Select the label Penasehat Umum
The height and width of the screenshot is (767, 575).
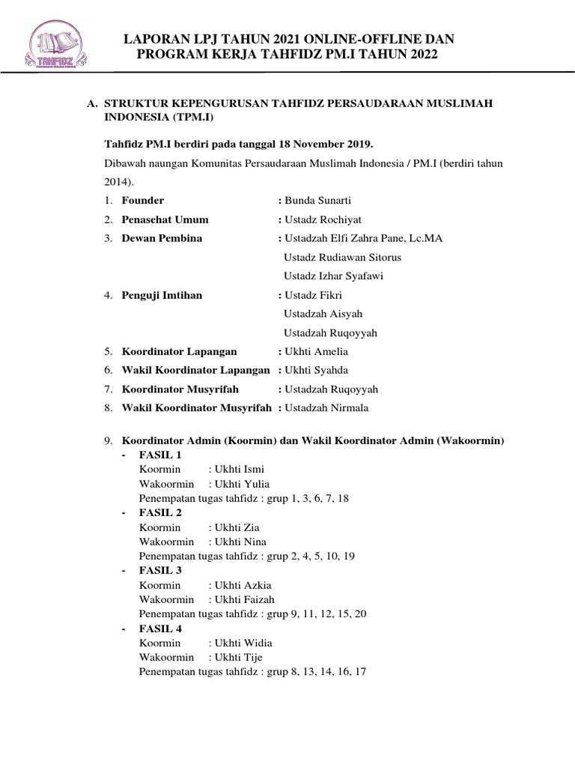[x=165, y=219]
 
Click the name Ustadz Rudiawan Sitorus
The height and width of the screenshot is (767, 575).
[x=343, y=258]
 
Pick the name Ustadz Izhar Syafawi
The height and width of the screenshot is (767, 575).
[x=334, y=276]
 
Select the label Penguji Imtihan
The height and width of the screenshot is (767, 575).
[x=162, y=295]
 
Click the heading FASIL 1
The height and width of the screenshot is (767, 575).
[x=160, y=455]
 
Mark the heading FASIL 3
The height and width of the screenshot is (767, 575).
[x=160, y=570]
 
